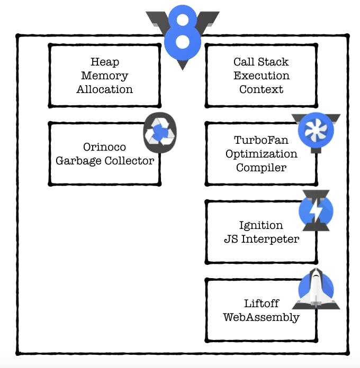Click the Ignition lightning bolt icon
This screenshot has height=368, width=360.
coord(316,210)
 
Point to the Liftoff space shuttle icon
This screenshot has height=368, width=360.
coord(316,289)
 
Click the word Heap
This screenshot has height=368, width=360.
coord(105,62)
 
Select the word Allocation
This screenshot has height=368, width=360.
coord(105,89)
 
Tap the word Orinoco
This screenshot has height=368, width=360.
coord(105,147)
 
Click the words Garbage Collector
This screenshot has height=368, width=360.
coord(105,161)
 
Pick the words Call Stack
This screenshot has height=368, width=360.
coord(261,62)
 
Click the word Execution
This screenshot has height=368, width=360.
coord(261,76)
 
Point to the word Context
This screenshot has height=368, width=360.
coord(261,89)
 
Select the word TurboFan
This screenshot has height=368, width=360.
coord(261,140)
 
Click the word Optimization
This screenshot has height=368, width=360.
coord(261,154)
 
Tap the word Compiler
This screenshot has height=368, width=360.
coord(261,168)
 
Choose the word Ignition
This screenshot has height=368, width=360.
coord(261,225)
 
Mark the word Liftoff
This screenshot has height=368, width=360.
coord(261,304)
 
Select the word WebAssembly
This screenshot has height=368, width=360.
coord(261,318)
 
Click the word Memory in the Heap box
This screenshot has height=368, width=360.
coord(105,76)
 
